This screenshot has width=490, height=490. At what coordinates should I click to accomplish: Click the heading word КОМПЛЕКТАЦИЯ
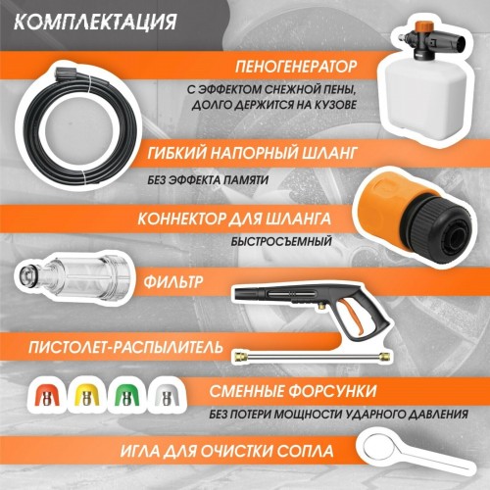tap(98, 21)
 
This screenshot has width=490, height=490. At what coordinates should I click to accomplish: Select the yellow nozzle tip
tap(86, 396)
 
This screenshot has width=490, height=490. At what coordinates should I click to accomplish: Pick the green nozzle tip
tap(125, 396)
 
